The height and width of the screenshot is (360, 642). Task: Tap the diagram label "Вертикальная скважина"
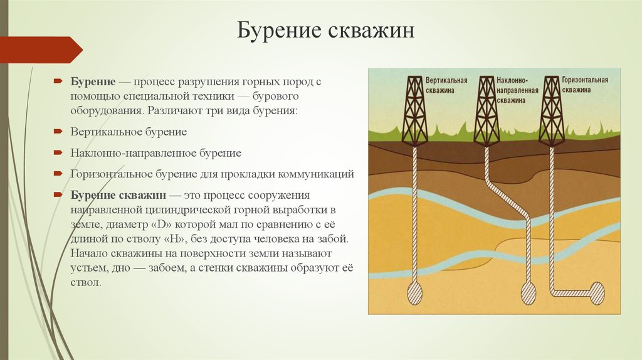point(446,86)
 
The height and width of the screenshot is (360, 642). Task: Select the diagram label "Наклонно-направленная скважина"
point(517,90)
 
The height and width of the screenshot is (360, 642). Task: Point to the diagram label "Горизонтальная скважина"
point(585,85)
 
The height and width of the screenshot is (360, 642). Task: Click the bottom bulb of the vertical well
point(415,292)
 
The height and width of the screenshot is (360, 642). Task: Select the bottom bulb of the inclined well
point(529,292)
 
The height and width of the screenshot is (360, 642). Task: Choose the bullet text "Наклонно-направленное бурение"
point(155,152)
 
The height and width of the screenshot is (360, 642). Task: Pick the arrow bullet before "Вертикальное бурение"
point(57,132)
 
